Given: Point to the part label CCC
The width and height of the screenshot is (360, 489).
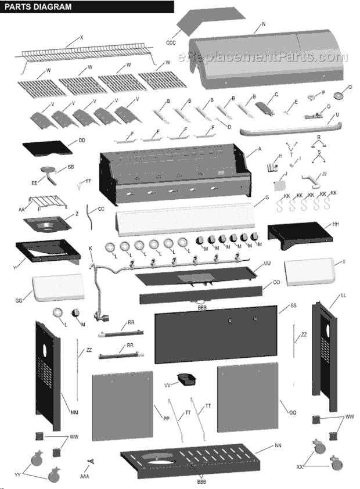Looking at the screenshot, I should tap(171, 42).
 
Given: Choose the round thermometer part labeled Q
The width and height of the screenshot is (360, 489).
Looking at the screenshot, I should tap(340, 95).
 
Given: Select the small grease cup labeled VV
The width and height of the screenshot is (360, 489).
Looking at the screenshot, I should tap(187, 380).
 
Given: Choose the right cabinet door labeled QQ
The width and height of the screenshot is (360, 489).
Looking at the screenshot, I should tap(248, 401).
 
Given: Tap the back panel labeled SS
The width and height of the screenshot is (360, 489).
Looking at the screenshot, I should tap(215, 335).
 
